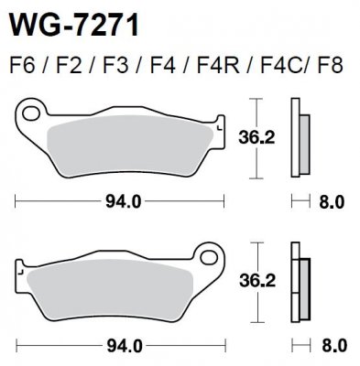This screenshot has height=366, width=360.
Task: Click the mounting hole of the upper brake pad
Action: [32, 115]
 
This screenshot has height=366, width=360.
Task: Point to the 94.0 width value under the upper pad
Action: [123, 202]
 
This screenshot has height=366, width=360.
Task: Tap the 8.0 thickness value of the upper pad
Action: [331, 202]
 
